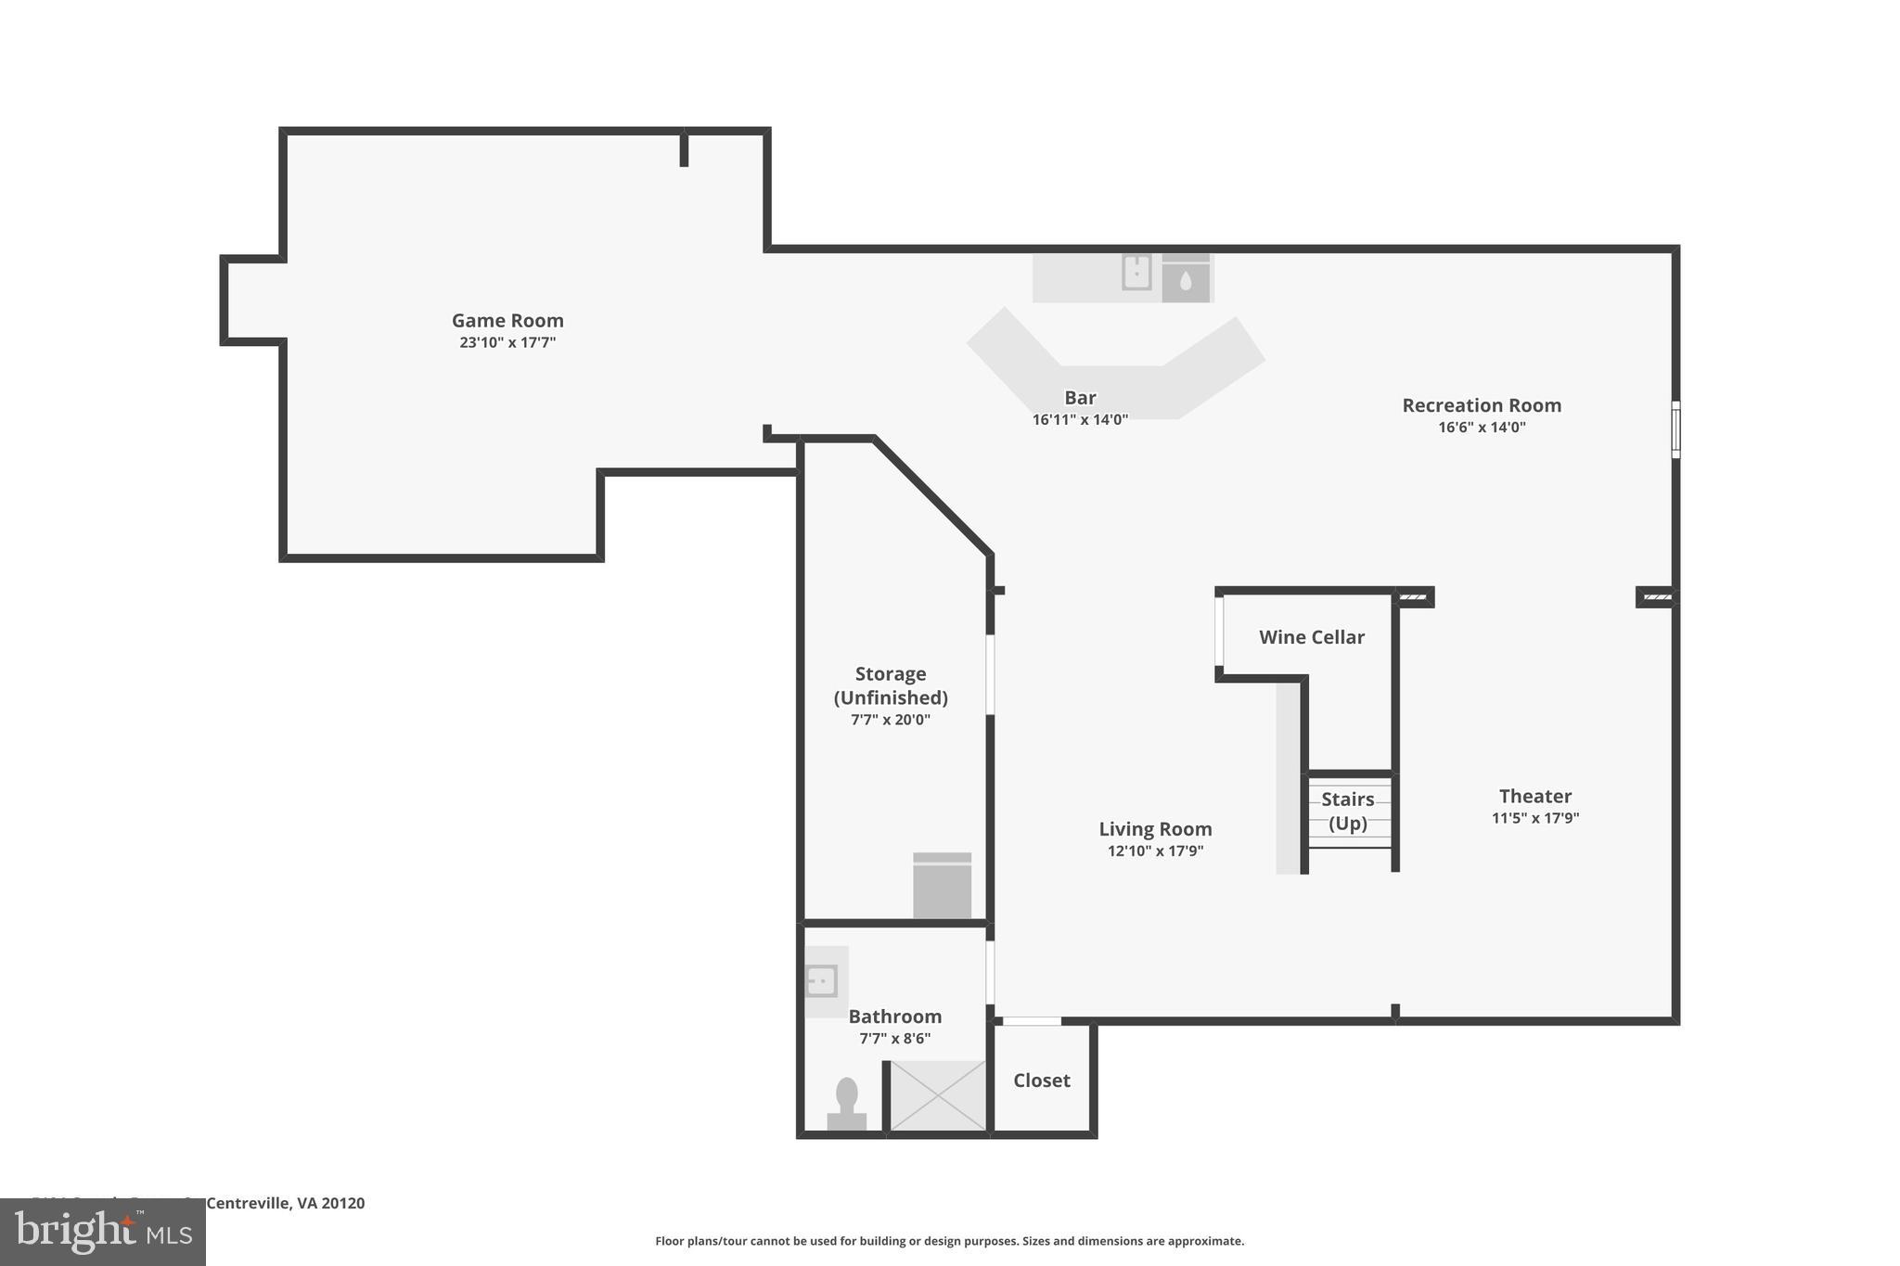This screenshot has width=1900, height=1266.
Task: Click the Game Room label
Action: click(x=507, y=321)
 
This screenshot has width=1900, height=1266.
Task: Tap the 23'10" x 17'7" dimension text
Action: click(x=507, y=342)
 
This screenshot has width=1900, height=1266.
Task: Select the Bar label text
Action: click(x=1080, y=398)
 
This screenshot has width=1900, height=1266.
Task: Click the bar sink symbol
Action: click(x=1136, y=273)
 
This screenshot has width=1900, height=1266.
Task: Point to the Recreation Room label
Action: click(x=1482, y=405)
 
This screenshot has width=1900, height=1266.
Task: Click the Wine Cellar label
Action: click(x=1311, y=637)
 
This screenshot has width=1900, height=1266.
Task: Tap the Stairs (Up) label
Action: click(x=1348, y=811)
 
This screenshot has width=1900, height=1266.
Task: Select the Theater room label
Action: click(x=1534, y=796)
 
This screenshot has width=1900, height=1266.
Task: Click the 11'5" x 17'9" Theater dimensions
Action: click(x=1534, y=818)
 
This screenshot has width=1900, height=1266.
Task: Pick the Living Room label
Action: click(x=1155, y=829)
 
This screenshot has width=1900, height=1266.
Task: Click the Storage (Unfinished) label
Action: click(x=891, y=685)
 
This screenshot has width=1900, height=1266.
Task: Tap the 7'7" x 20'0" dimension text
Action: click(x=891, y=720)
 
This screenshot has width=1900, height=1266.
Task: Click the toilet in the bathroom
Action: click(x=846, y=1104)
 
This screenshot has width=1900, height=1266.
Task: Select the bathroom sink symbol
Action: click(x=822, y=980)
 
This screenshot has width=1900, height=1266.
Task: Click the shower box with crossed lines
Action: click(x=938, y=1095)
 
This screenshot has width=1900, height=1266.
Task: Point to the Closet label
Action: click(x=1041, y=1081)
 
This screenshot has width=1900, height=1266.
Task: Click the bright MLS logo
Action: click(x=103, y=1232)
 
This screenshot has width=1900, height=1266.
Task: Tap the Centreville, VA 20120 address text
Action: click(x=285, y=1203)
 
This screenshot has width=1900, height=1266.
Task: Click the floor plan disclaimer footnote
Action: click(x=949, y=1241)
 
